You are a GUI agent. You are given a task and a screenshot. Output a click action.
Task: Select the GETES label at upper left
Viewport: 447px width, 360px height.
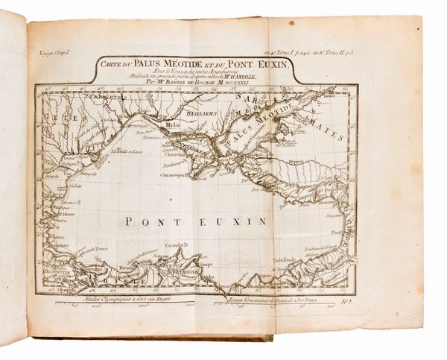(51, 117)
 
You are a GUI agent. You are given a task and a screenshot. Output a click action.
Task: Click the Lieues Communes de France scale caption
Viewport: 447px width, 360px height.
(265, 299)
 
